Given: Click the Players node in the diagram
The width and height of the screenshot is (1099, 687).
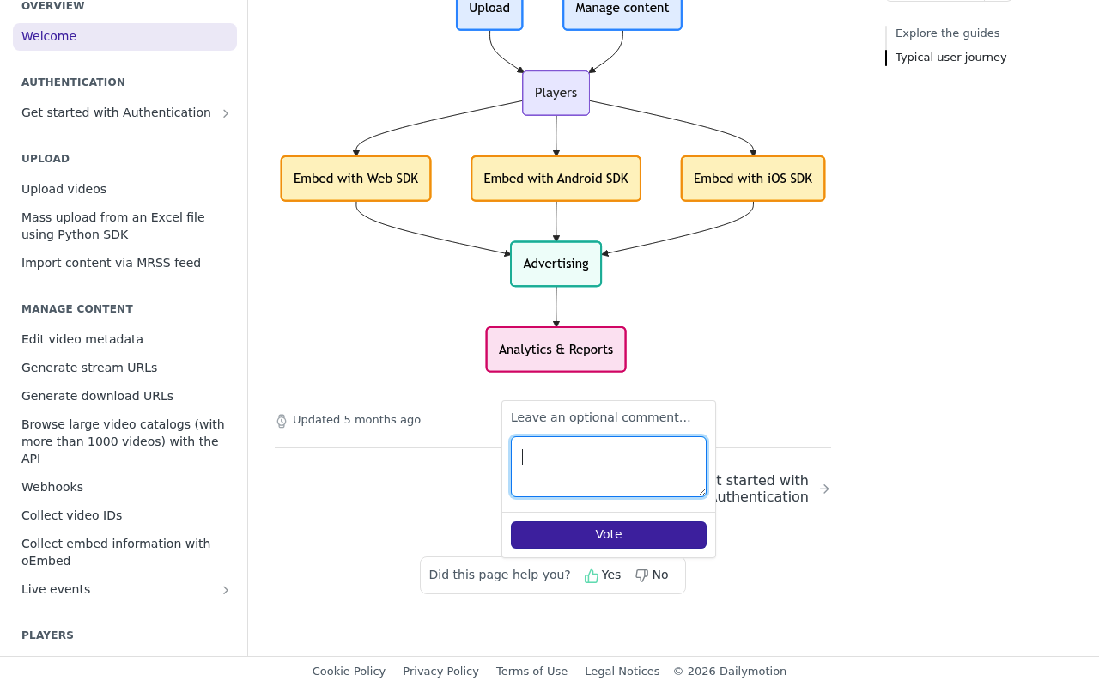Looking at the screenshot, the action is (x=556, y=94).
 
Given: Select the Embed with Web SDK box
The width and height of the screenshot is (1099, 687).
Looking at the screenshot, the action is (x=355, y=179).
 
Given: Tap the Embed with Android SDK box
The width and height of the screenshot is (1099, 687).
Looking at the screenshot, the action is (x=556, y=179).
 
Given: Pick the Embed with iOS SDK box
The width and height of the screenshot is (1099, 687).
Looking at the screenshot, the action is (x=753, y=179).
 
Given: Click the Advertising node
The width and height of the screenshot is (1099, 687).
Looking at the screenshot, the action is (x=556, y=264).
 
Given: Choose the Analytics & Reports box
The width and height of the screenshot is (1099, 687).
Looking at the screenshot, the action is (x=556, y=350).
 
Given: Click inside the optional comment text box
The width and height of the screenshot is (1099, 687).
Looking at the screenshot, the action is (x=609, y=466).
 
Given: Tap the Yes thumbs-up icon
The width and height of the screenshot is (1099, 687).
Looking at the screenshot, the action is (x=592, y=575).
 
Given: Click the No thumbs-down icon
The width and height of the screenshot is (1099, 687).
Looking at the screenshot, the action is (x=641, y=575).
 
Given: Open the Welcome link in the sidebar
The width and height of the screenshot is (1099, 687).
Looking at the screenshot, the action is (x=49, y=36).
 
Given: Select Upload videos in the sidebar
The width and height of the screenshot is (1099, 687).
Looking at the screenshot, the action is (x=64, y=189).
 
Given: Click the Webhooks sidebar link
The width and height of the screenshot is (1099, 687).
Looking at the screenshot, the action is (x=52, y=487).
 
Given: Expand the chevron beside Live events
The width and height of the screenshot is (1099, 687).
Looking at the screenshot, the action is (x=226, y=590).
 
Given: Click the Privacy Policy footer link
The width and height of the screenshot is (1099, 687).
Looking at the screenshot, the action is (x=440, y=672).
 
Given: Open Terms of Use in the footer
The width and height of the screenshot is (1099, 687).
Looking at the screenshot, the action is (x=531, y=672).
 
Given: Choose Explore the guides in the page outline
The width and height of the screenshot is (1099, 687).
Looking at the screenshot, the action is (x=947, y=33).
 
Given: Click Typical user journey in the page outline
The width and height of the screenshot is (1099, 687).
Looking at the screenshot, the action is (x=950, y=58).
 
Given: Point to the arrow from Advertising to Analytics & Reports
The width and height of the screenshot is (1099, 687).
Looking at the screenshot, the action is (x=556, y=307).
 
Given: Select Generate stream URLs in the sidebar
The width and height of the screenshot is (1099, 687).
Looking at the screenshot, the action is (x=89, y=368).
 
